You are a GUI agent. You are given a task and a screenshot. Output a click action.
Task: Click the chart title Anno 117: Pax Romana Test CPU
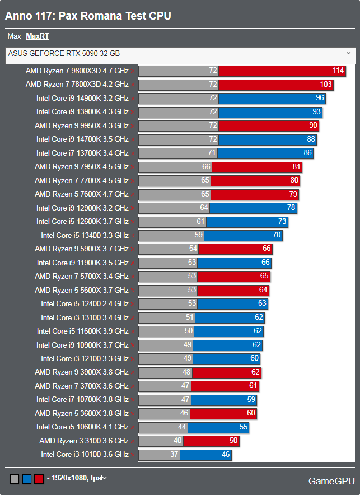[88, 16]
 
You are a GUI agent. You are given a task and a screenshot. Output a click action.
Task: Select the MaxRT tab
[38, 36]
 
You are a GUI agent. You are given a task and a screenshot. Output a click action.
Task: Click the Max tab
[14, 36]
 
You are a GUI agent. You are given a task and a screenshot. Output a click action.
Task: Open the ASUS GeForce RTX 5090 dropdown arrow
[348, 53]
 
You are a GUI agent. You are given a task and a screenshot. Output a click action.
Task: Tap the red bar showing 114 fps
[282, 71]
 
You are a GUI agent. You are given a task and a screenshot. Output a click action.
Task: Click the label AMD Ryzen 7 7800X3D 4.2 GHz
[77, 84]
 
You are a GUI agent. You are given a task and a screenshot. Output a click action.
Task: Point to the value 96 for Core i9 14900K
[320, 98]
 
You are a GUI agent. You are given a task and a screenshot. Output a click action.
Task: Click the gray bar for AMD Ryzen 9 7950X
[174, 166]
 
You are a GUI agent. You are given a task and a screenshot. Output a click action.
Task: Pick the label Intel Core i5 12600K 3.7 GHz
[82, 221]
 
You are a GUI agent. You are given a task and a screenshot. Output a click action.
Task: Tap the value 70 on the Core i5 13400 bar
[277, 235]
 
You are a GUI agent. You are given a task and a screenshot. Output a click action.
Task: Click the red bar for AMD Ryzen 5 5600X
[233, 290]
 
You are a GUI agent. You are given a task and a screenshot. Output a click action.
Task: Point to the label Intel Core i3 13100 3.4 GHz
[85, 317]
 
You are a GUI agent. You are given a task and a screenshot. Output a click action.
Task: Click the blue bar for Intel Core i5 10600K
[218, 427]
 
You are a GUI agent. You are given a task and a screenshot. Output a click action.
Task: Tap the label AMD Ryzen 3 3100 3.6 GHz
[84, 441]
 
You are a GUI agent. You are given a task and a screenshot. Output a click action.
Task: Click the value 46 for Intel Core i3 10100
[226, 455]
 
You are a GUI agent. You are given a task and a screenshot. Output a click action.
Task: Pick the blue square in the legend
[27, 479]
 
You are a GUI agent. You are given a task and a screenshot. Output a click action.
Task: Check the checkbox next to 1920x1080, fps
[104, 478]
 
